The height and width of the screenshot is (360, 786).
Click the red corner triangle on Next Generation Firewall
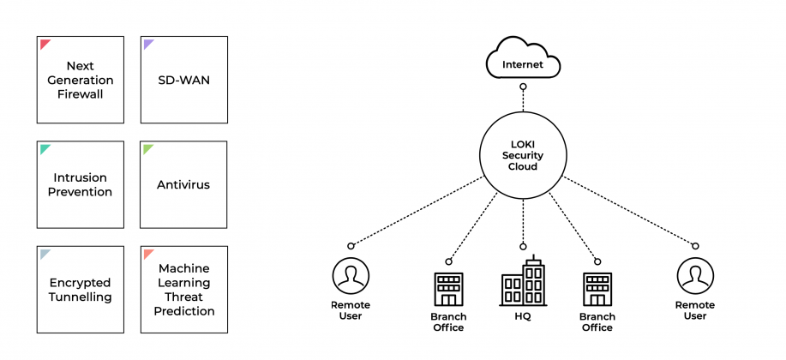click(44, 43)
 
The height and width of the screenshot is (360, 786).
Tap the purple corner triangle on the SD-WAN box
click(147, 43)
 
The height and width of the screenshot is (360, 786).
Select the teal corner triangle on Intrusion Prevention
click(44, 148)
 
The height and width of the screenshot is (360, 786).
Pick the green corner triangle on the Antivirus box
click(147, 148)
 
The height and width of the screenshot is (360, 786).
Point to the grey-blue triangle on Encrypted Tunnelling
click(44, 253)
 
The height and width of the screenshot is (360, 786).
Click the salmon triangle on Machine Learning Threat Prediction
click(147, 253)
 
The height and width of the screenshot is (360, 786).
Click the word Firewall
click(81, 94)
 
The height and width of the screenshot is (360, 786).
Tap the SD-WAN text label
click(183, 80)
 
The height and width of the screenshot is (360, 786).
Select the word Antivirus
click(183, 184)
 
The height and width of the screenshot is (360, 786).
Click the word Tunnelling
click(81, 297)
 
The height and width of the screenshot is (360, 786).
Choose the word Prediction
click(184, 311)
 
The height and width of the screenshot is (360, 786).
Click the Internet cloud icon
click(523, 57)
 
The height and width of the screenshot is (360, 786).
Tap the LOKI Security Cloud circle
click(523, 155)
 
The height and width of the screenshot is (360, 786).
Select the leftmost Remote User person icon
click(351, 276)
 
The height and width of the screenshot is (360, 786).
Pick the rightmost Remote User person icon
click(695, 276)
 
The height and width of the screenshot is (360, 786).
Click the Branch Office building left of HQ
click(448, 290)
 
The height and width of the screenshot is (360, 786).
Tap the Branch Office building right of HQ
click(597, 290)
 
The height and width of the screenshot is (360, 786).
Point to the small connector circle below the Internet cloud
click(523, 87)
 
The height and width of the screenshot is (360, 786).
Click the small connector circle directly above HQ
click(523, 246)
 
